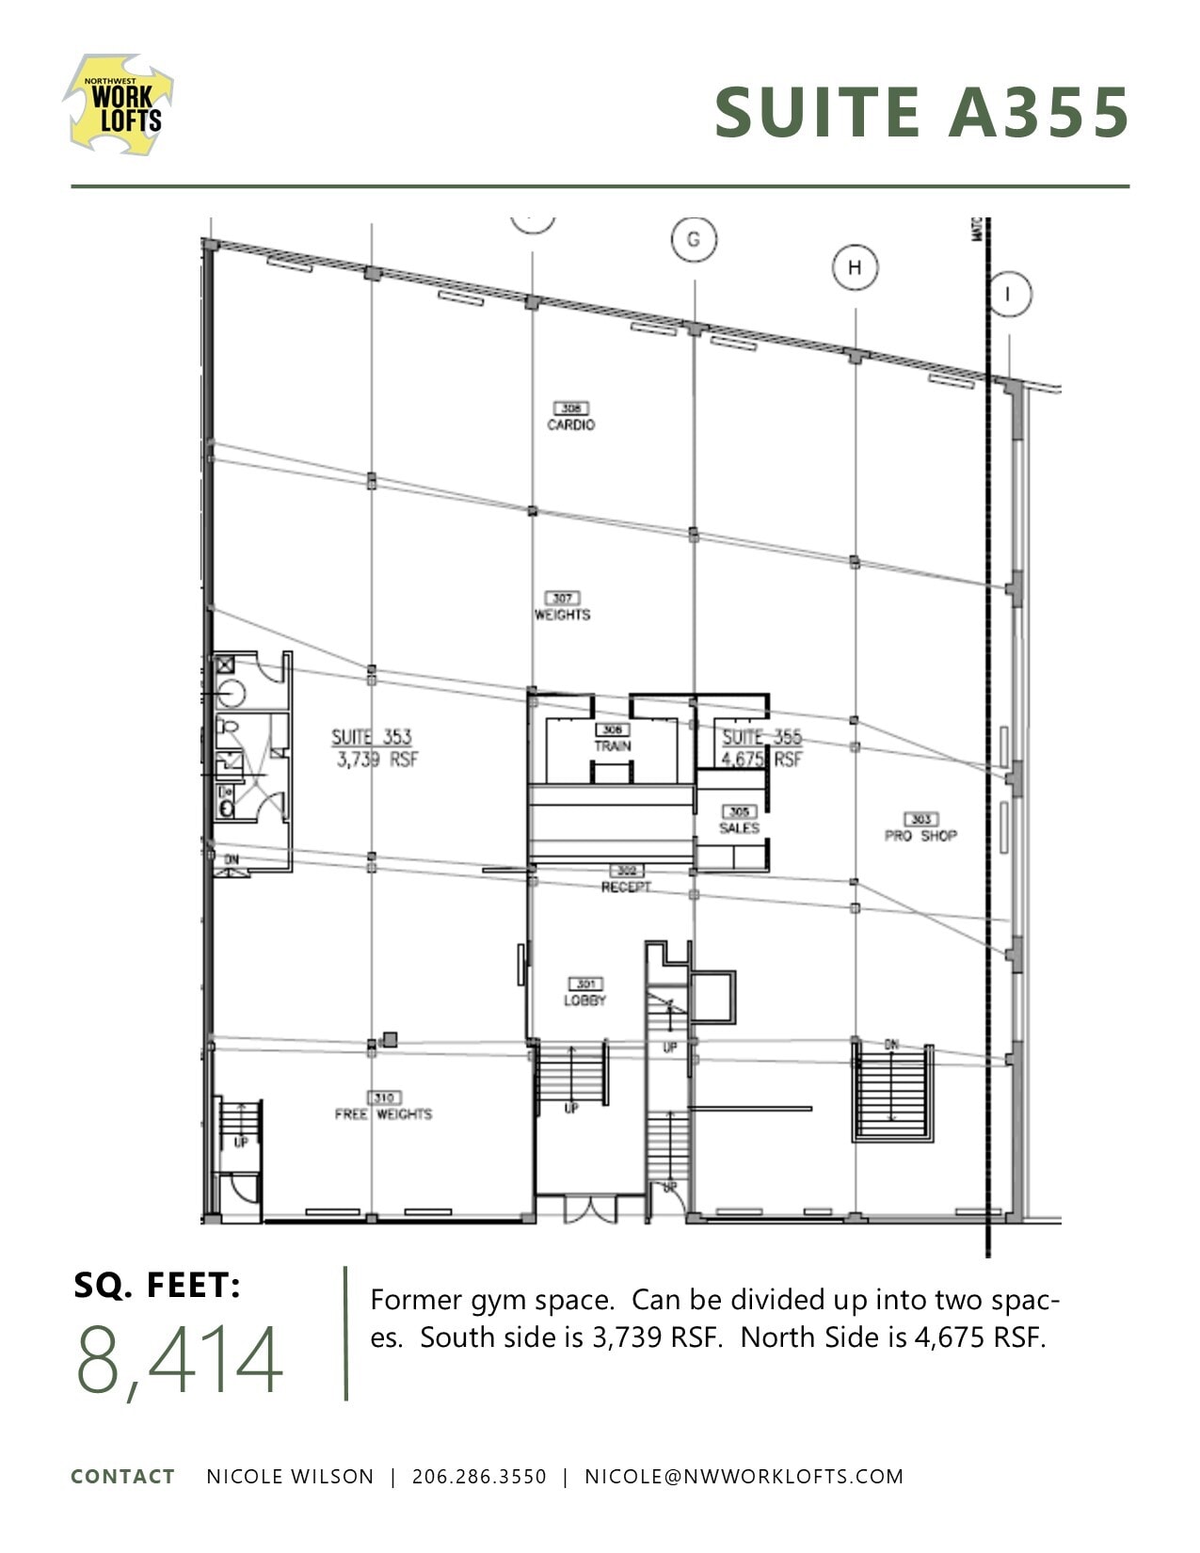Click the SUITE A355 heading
pyautogui.click(x=921, y=113)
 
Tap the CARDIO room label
pyautogui.click(x=570, y=424)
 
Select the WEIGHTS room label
pyautogui.click(x=562, y=615)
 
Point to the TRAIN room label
pyautogui.click(x=612, y=745)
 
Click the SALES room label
pyautogui.click(x=739, y=827)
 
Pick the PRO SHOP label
pyautogui.click(x=920, y=835)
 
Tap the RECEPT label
pyautogui.click(x=626, y=887)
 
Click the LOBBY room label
pyautogui.click(x=584, y=1001)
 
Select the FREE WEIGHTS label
pyautogui.click(x=383, y=1113)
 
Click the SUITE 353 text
pyautogui.click(x=371, y=737)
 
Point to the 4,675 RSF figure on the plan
pyautogui.click(x=761, y=759)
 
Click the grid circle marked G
pyautogui.click(x=694, y=239)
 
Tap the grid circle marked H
pyautogui.click(x=855, y=267)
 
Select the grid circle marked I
pyautogui.click(x=1009, y=295)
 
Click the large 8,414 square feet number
pyautogui.click(x=179, y=1360)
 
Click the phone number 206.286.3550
pyautogui.click(x=479, y=1477)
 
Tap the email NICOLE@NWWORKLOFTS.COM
pyautogui.click(x=744, y=1477)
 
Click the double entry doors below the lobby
pyautogui.click(x=590, y=1209)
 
